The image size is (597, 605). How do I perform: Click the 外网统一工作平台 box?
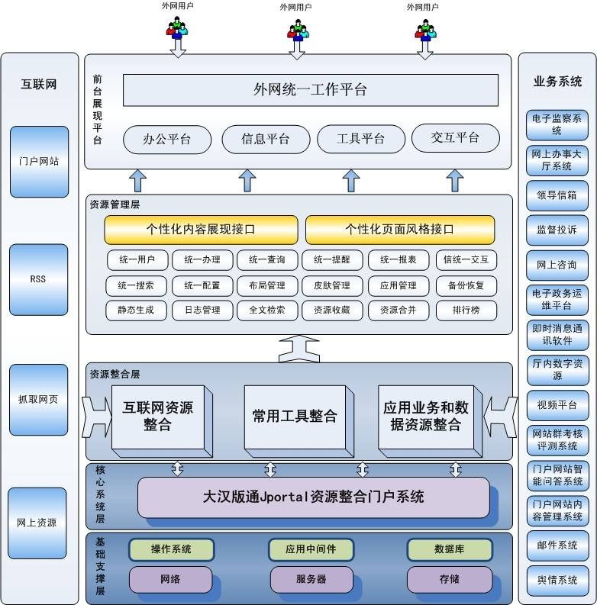[310, 90]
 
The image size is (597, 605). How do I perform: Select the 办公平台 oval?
[166, 139]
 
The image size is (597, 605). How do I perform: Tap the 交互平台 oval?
[455, 138]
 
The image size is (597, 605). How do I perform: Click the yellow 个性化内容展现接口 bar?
[201, 229]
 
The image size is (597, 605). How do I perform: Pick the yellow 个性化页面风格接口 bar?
[400, 229]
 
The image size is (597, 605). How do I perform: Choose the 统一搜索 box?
[136, 285]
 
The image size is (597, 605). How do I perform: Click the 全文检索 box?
[266, 310]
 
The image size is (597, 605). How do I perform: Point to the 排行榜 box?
[466, 310]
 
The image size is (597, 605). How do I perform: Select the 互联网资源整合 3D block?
[158, 417]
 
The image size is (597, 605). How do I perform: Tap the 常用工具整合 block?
[294, 417]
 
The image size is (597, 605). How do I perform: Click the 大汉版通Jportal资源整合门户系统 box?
[313, 497]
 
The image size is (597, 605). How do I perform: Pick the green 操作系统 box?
[171, 549]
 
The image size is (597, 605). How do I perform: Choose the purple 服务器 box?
[311, 579]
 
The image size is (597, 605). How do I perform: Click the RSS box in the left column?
[38, 278]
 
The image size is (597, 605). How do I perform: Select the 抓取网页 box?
[38, 399]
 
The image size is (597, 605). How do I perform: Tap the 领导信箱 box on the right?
[557, 195]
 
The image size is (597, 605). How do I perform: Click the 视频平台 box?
[557, 405]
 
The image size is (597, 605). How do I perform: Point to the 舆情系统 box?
[557, 581]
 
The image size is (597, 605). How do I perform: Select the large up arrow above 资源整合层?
[298, 348]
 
